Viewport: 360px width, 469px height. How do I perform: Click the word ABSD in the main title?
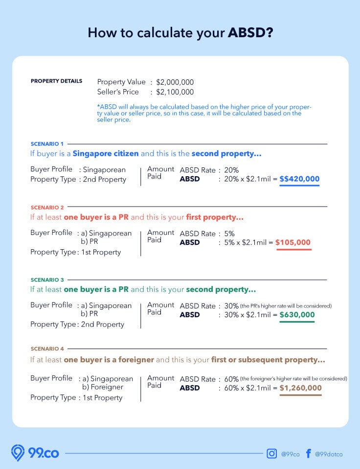pos(250,33)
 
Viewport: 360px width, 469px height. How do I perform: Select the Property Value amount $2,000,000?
pos(175,82)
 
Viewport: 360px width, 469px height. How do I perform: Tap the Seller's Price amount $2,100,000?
pos(175,92)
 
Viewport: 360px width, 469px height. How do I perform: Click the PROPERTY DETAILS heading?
pos(56,81)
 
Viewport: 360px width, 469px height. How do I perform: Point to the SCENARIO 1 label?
pos(47,144)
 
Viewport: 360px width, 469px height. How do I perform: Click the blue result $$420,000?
pos(299,179)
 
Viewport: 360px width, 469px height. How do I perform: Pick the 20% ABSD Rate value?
pos(231,170)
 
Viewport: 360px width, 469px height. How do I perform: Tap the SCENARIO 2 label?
pos(47,208)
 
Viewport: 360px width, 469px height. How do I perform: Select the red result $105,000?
pos(292,242)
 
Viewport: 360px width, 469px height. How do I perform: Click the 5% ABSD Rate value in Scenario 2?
pos(229,234)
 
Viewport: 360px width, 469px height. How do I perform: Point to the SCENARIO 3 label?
pos(47,280)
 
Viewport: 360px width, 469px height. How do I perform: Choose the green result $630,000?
pos(297,315)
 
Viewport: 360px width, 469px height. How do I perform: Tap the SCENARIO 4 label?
pos(47,349)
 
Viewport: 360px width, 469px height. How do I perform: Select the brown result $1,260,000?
pos(300,388)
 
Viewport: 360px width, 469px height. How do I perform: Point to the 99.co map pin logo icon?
pos(18,453)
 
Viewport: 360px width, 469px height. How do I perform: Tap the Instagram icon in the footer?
pos(271,454)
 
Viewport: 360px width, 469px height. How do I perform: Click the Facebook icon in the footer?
pos(308,454)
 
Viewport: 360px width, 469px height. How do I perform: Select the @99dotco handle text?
pos(329,454)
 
